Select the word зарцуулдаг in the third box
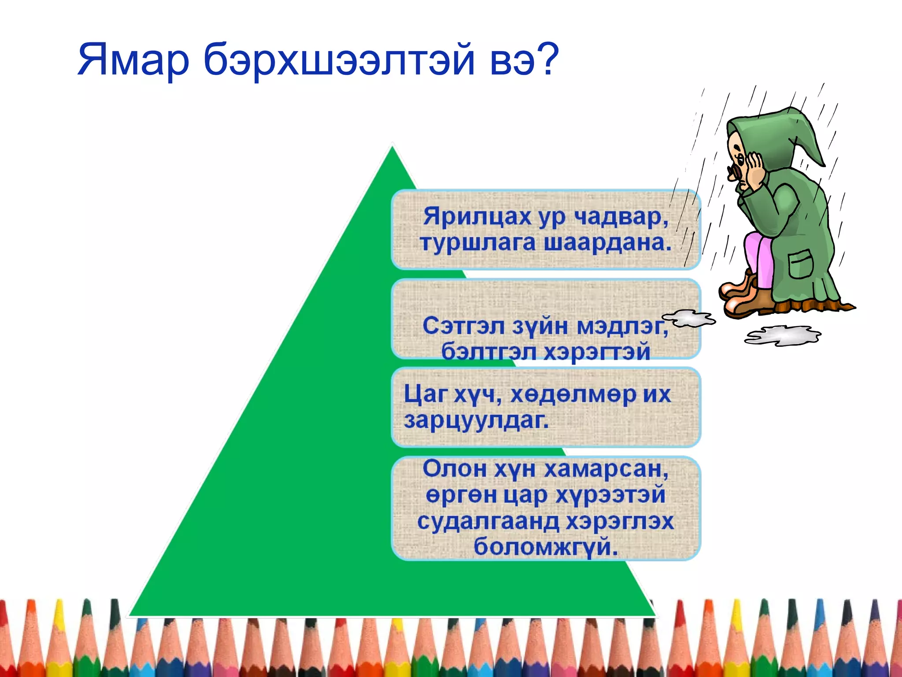pyautogui.click(x=476, y=420)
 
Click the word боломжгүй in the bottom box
pyautogui.click(x=545, y=547)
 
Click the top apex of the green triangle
pyautogui.click(x=392, y=148)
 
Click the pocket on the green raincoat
pyautogui.click(x=800, y=264)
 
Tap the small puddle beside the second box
pyautogui.click(x=689, y=318)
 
